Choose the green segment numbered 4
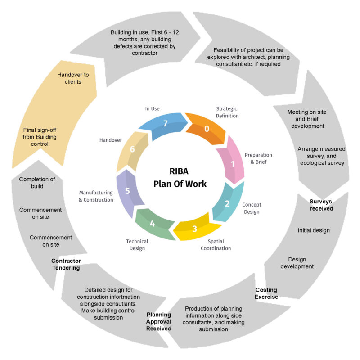[153, 224]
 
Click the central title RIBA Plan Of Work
[180, 177]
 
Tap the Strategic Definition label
[227, 112]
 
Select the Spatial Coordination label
[216, 245]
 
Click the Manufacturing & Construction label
[96, 196]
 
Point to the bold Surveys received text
[321, 205]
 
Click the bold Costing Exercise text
[266, 293]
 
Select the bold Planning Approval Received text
[159, 321]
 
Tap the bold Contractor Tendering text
[66, 264]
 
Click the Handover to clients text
[73, 78]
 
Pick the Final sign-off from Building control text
[40, 137]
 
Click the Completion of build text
[37, 183]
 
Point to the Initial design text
[314, 230]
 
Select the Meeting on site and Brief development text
[307, 119]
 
